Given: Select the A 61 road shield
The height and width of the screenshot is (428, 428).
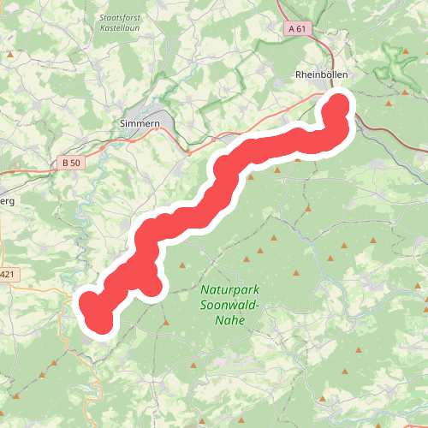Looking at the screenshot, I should point(297,28).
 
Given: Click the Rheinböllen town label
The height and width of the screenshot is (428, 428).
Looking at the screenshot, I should point(321,75).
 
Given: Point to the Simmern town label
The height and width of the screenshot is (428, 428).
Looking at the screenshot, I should point(140,122).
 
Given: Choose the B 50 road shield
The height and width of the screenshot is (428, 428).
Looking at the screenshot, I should point(70,162).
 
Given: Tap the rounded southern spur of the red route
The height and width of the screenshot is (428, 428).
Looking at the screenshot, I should point(151,285).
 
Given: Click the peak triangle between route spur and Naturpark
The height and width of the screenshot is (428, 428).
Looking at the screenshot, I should point(182,265).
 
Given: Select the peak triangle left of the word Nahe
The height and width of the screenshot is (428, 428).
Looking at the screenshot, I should point(165,323).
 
